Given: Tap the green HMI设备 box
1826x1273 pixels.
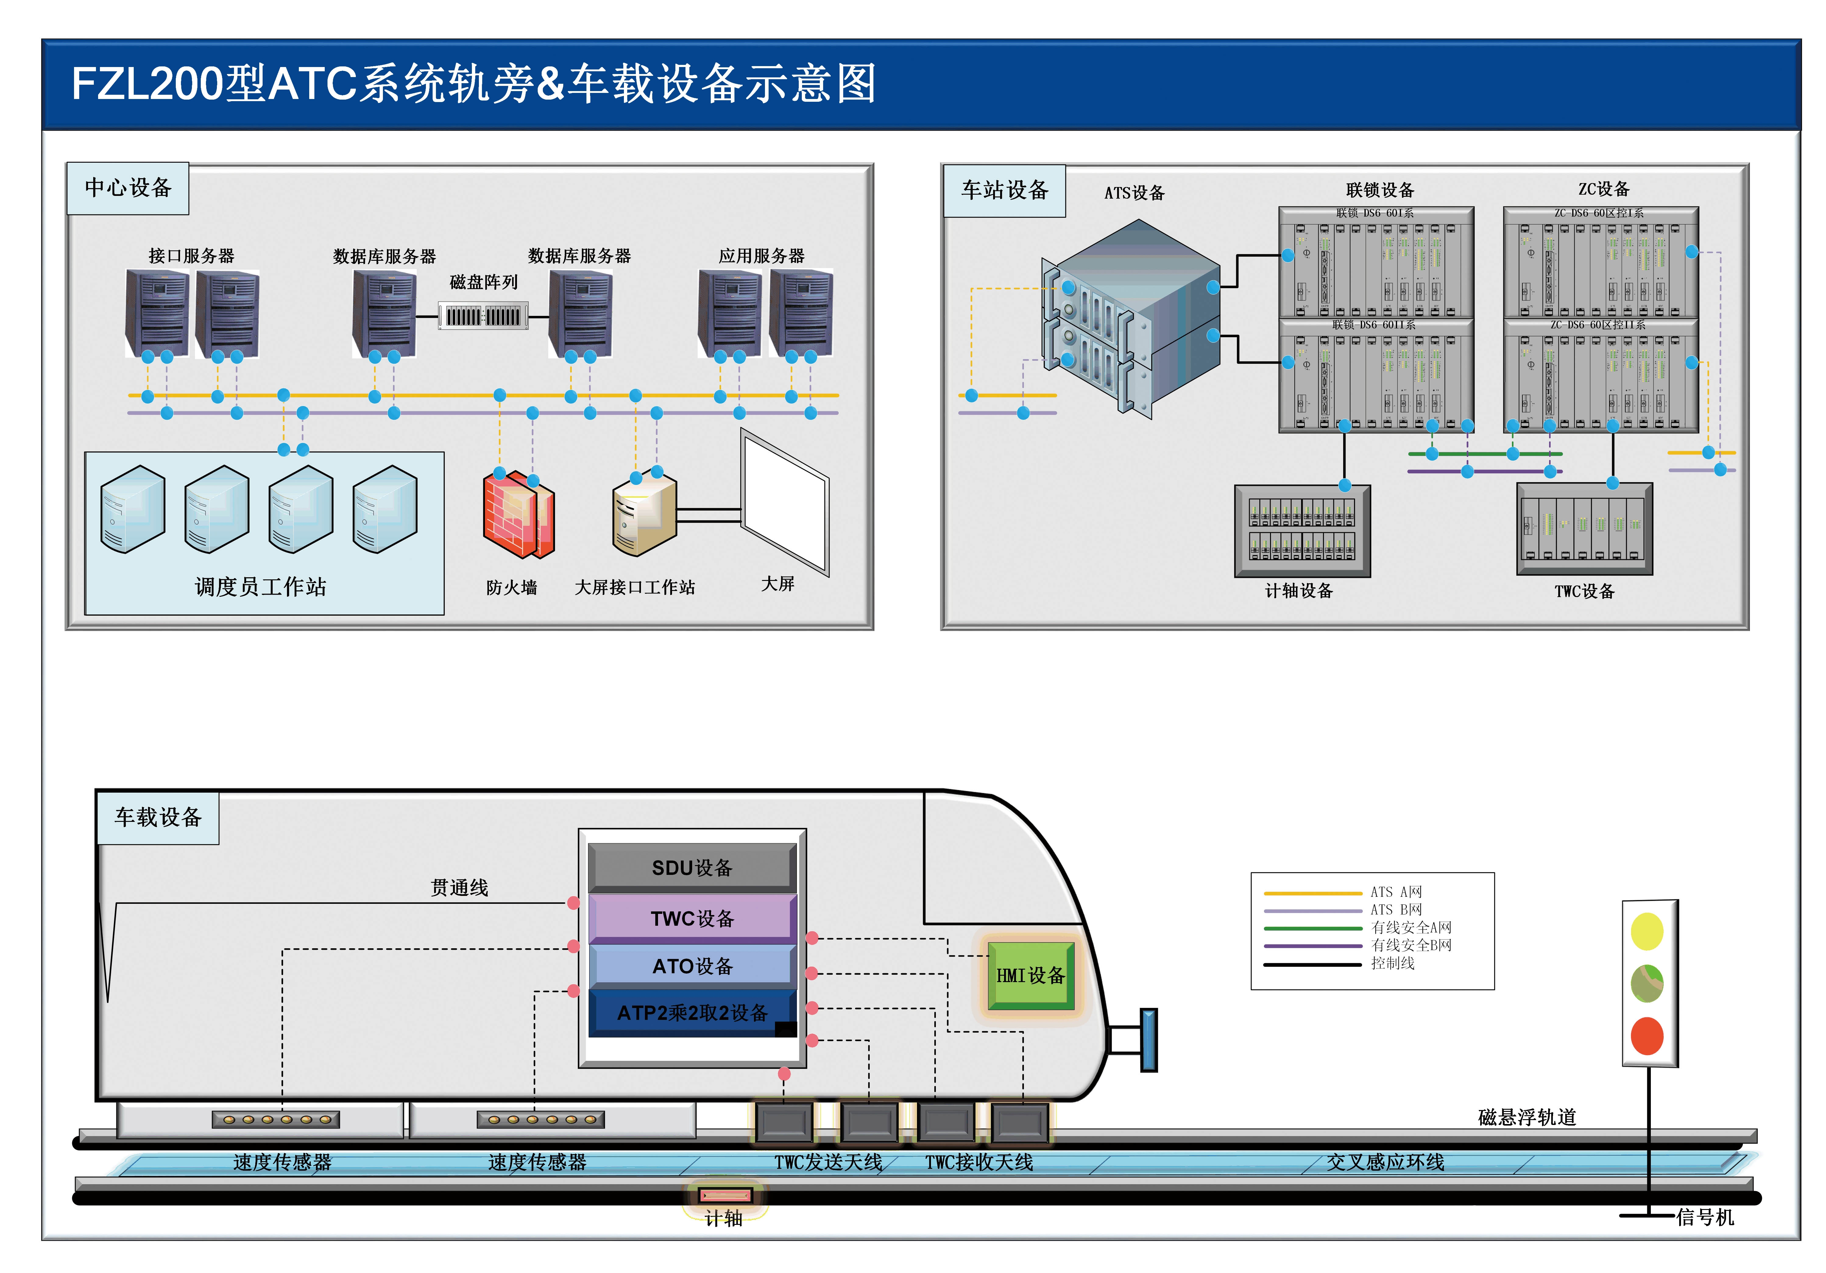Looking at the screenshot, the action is pos(1031,976).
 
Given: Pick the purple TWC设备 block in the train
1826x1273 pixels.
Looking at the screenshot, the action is pos(692,918).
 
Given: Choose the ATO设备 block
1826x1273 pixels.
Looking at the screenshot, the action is pos(692,966).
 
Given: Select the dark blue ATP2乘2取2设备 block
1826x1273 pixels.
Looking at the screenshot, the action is pos(692,1012).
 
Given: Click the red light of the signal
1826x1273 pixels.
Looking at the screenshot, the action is pos(1646,1036).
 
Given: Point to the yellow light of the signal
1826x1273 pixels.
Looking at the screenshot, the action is pos(1646,931).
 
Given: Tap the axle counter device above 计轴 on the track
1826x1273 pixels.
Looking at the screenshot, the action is pos(724,1195).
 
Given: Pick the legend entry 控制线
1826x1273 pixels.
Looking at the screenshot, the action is pos(1393,963).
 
